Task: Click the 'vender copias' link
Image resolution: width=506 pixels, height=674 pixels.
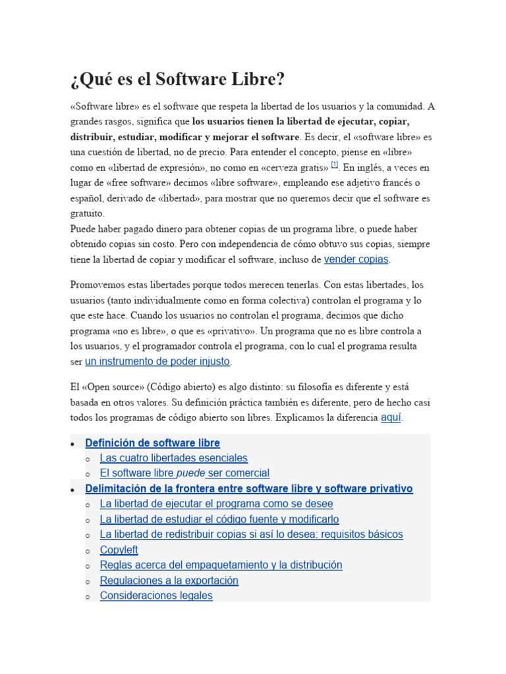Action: coord(356,259)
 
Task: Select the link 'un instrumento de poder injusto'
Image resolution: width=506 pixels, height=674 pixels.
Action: coord(157,361)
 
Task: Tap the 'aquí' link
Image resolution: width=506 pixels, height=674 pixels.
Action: coord(391,417)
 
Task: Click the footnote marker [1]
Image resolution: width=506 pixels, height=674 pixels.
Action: coord(335,165)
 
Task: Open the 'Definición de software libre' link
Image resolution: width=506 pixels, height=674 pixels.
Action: coord(152,443)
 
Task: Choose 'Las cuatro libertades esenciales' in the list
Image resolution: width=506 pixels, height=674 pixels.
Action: coord(173,458)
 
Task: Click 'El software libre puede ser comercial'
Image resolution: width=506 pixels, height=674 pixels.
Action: coord(184,473)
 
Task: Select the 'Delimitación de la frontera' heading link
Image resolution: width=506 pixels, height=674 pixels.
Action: coord(249,488)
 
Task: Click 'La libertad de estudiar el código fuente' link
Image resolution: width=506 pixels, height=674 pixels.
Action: coord(219,519)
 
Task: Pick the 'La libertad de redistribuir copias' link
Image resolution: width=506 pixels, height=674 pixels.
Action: coord(251,534)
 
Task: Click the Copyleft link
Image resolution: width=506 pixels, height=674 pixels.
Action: coord(119,550)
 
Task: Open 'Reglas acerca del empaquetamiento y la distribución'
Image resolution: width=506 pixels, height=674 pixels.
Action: coord(221,565)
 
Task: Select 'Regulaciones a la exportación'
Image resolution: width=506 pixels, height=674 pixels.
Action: coord(169,581)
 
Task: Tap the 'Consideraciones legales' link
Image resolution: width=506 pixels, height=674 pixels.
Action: coord(156,596)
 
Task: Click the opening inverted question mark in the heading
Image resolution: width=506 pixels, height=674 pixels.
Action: coord(73,80)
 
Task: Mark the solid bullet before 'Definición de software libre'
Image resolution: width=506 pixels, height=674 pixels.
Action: coord(72,444)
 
